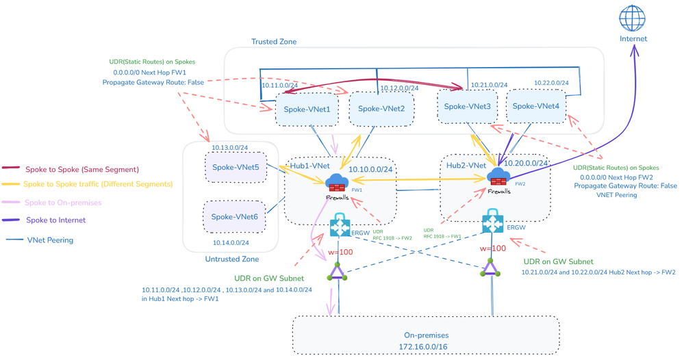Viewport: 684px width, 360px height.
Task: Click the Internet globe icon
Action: [632, 18]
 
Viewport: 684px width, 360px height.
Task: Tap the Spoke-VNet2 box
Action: [381, 109]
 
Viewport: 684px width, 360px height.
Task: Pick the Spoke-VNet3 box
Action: [467, 107]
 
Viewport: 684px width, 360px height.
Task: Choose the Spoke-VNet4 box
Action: [535, 106]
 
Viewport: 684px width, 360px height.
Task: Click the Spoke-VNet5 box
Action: [235, 167]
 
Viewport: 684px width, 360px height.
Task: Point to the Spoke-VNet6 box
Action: [234, 217]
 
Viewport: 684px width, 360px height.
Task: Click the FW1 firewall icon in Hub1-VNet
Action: [338, 183]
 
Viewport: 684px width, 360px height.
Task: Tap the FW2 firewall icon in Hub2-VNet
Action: [498, 177]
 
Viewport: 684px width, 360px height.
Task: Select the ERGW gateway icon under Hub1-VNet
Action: [340, 227]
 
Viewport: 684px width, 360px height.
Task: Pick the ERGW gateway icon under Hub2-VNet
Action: [492, 222]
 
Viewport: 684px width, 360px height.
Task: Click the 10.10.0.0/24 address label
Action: [370, 170]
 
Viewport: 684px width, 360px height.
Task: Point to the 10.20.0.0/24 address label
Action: [526, 164]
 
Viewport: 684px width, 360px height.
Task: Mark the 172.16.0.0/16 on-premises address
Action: [426, 347]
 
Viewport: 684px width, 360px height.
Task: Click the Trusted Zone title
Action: [274, 42]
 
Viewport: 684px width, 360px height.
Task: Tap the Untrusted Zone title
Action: [231, 259]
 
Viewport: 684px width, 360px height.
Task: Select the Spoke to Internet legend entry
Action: [55, 220]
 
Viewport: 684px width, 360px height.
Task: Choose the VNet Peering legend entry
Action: [50, 240]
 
